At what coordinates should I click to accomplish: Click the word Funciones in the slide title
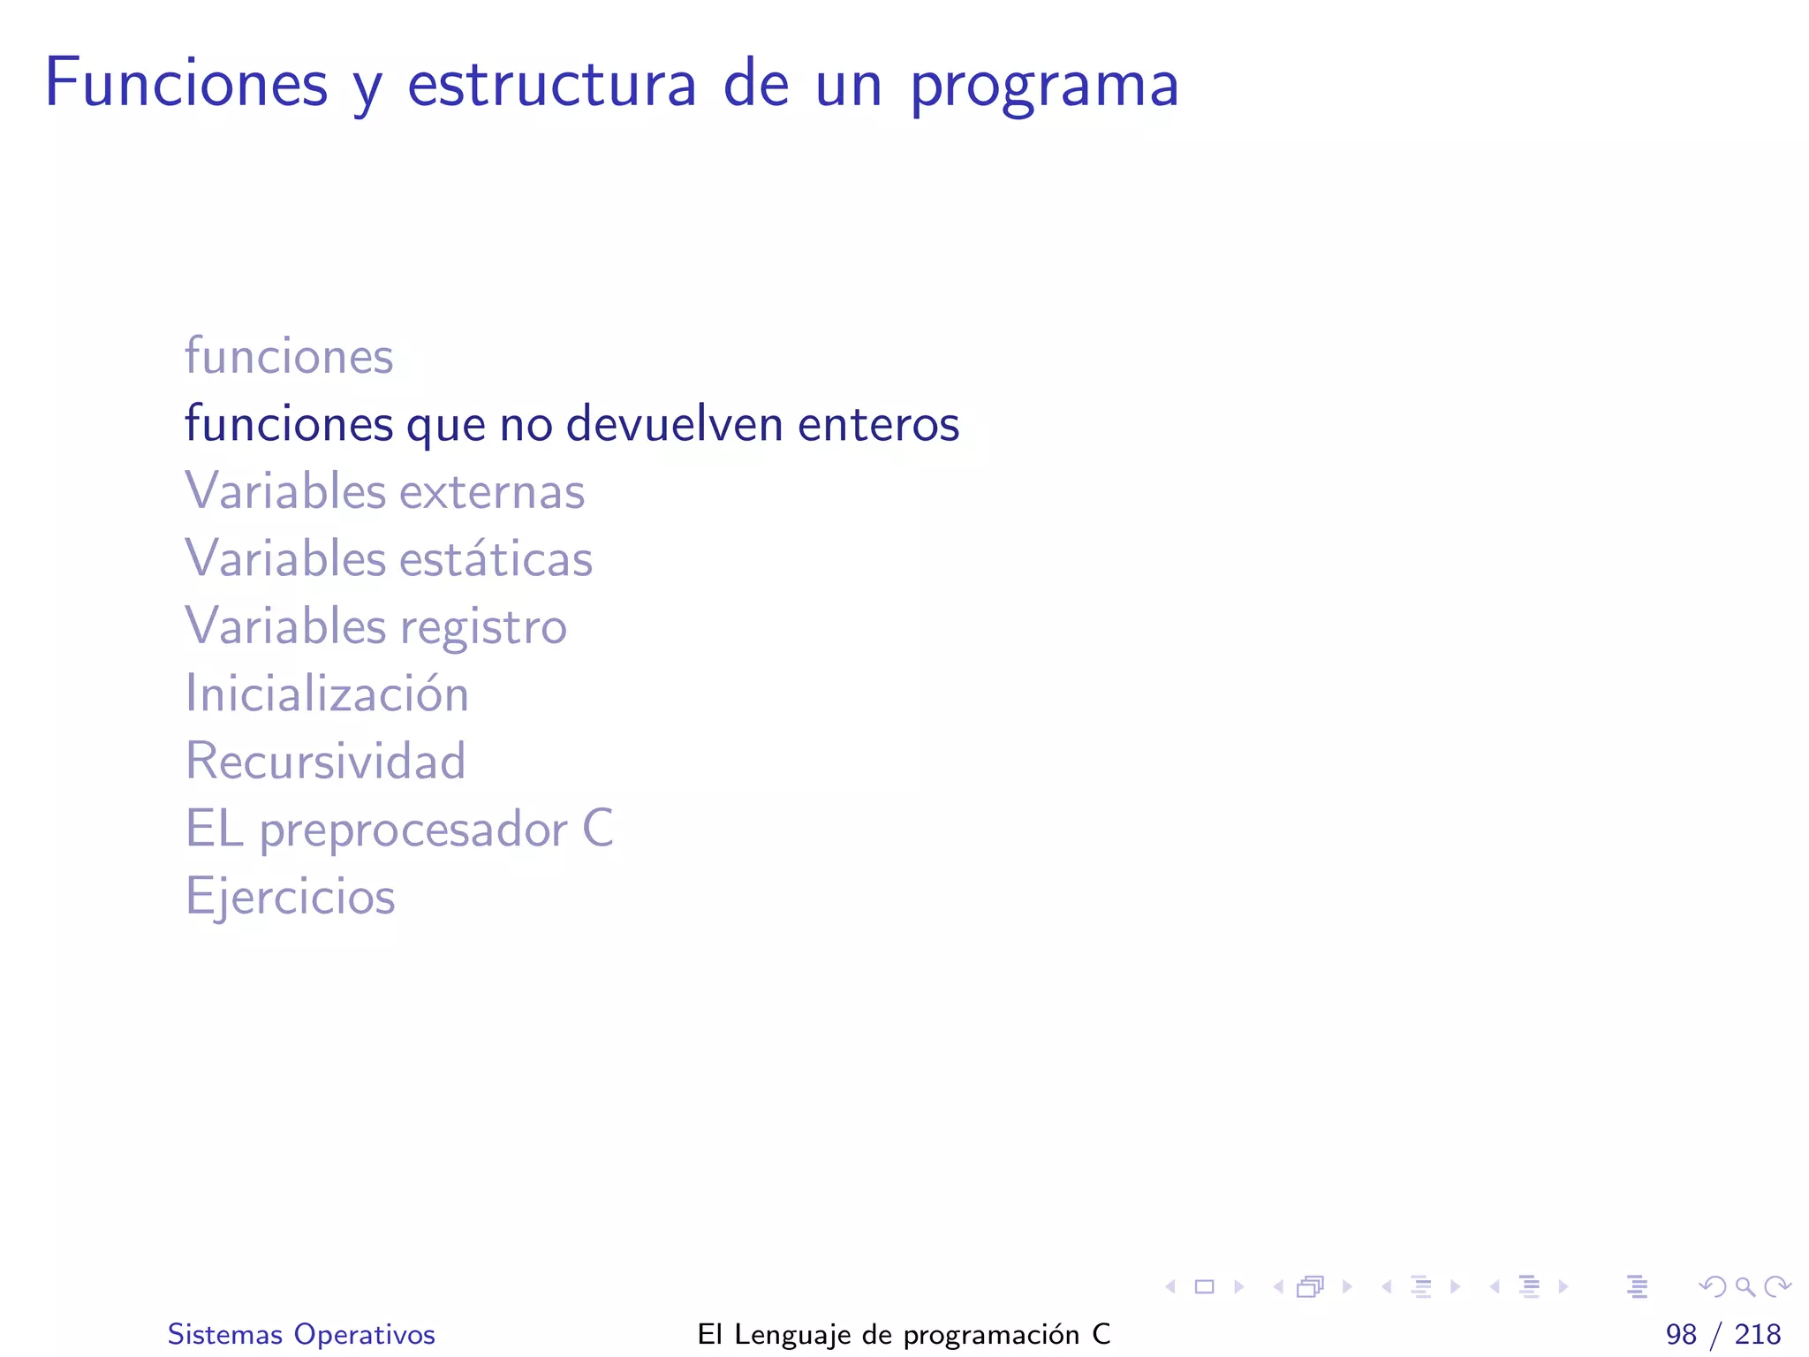(x=186, y=83)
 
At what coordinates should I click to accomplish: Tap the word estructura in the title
(x=551, y=85)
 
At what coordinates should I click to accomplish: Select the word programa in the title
(x=1044, y=87)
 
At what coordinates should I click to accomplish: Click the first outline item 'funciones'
(x=289, y=356)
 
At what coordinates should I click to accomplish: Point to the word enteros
(x=878, y=425)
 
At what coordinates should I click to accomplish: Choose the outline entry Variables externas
(x=384, y=491)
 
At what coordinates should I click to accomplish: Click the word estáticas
(x=496, y=558)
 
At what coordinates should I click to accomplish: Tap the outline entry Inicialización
(x=327, y=694)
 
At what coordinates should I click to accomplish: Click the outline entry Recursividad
(x=325, y=761)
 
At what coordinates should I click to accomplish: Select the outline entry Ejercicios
(x=290, y=897)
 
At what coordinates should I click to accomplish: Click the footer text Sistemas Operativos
(x=301, y=1334)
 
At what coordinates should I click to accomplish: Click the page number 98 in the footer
(x=1681, y=1334)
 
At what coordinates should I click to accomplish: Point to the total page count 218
(x=1758, y=1334)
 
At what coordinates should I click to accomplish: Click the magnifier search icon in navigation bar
(x=1745, y=1286)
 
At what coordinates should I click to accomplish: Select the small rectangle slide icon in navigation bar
(x=1204, y=1286)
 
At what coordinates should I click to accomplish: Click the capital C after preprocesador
(x=598, y=829)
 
